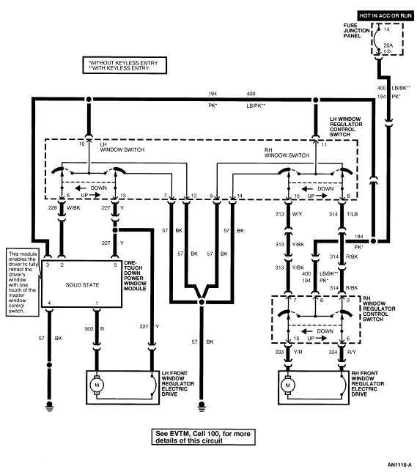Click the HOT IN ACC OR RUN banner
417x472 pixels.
tap(385, 15)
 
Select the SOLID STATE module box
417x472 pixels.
tap(81, 284)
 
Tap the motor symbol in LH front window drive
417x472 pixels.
tap(97, 385)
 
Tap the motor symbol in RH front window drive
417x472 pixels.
tap(288, 385)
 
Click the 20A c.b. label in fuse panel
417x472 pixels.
tap(388, 48)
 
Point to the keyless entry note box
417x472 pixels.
tap(125, 65)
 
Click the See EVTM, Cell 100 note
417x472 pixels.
tap(203, 437)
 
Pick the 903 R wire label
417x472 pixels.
tap(95, 329)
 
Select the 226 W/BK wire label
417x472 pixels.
tap(64, 207)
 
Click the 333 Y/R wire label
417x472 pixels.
tap(289, 352)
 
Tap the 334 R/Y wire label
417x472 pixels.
tap(342, 352)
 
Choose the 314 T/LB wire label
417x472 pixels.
tap(343, 214)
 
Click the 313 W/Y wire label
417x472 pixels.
tap(289, 214)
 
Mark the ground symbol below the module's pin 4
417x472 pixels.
tap(49, 405)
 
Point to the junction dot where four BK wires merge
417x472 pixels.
tap(202, 302)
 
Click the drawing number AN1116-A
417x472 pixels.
tap(399, 465)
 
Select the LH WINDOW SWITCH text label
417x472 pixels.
tap(122, 147)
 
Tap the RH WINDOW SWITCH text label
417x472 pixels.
tap(287, 152)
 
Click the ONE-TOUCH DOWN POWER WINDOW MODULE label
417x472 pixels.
tap(135, 276)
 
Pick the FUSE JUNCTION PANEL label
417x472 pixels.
tap(356, 30)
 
